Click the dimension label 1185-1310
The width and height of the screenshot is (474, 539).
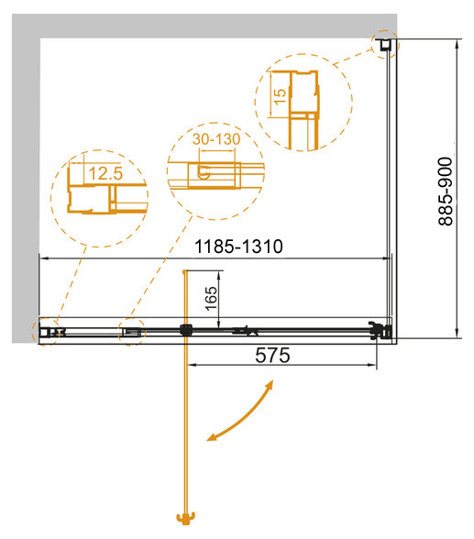(x=238, y=247)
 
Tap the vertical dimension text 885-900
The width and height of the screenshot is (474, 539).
(x=446, y=192)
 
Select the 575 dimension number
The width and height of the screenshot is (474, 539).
(x=272, y=355)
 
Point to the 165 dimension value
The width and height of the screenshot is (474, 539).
(x=212, y=299)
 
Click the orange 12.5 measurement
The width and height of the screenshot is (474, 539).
(x=105, y=173)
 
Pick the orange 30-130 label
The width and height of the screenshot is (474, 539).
(x=216, y=139)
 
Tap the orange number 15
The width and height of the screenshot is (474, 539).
(x=280, y=97)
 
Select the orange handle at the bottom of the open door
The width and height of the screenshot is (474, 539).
(x=185, y=518)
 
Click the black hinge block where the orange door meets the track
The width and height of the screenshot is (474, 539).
(x=185, y=330)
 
